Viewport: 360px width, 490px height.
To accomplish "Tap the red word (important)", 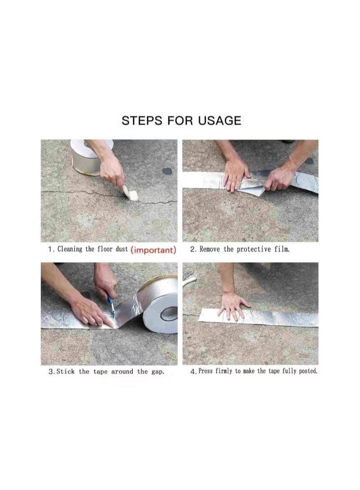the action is [x=153, y=250].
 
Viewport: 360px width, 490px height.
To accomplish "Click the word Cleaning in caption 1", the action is [x=70, y=249].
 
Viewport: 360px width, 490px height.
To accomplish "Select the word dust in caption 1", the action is [x=121, y=249].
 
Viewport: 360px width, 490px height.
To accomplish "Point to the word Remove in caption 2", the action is [x=210, y=249].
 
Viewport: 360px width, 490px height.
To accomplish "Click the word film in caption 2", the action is [x=282, y=249].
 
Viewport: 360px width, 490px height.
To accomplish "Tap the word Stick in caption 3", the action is [x=66, y=372].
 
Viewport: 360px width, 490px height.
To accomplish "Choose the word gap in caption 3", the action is [x=157, y=372].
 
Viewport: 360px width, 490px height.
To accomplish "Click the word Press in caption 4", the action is [x=206, y=371].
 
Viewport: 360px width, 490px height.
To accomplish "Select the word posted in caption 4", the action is [x=308, y=371].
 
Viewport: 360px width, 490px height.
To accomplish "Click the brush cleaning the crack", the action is [x=130, y=192].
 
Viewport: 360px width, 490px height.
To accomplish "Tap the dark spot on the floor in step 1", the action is [x=167, y=172].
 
